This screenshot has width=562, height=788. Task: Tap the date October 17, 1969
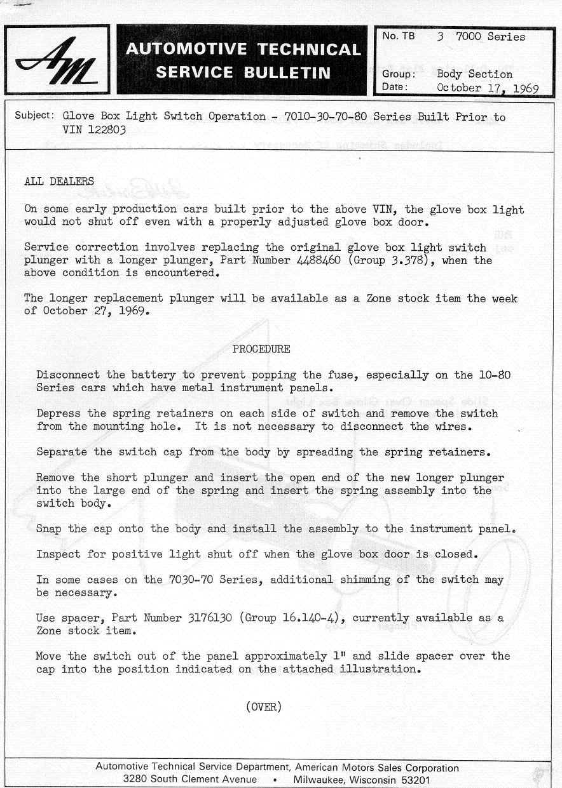[488, 88]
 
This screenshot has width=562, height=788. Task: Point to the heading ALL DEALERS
[59, 182]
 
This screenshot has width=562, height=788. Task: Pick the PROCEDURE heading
[261, 349]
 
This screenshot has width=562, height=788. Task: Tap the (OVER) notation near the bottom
[263, 707]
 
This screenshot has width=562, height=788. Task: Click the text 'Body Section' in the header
[474, 74]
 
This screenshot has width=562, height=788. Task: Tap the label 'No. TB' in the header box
[399, 37]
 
